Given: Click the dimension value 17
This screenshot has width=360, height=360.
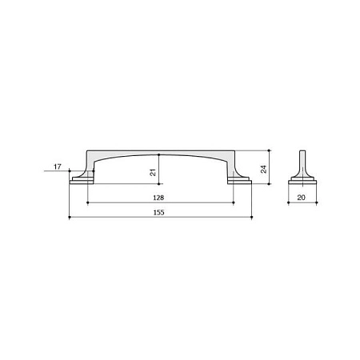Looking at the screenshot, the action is click(x=58, y=167).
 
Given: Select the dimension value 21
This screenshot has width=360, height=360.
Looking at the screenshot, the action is click(x=153, y=173).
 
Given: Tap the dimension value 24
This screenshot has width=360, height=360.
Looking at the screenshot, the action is click(x=263, y=169).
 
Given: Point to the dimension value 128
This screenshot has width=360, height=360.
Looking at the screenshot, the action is click(x=158, y=198).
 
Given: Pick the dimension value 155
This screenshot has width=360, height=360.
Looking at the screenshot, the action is click(x=158, y=213).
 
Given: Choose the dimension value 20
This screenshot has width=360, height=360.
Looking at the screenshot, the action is click(x=301, y=198).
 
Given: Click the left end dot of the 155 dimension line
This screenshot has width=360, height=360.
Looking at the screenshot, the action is click(x=70, y=218).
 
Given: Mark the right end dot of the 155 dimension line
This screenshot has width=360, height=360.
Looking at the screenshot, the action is click(x=252, y=218).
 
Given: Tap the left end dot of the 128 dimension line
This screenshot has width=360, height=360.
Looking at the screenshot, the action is click(x=88, y=202).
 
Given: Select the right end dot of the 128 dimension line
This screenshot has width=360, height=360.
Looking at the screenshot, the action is click(x=234, y=202).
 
